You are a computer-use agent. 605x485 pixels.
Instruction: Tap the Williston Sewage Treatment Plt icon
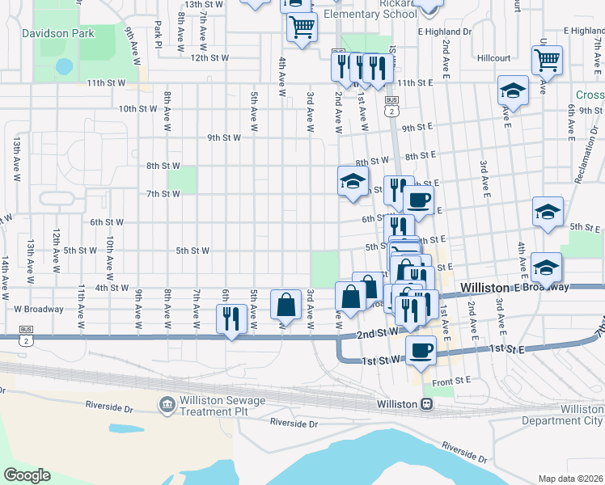[x=167, y=403]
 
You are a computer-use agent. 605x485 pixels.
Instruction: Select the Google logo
[x=27, y=475]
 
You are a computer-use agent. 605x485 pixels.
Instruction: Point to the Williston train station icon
[x=425, y=403]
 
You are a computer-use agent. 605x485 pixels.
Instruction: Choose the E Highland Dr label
[x=444, y=32]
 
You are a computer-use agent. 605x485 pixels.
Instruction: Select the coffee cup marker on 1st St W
[x=421, y=351]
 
